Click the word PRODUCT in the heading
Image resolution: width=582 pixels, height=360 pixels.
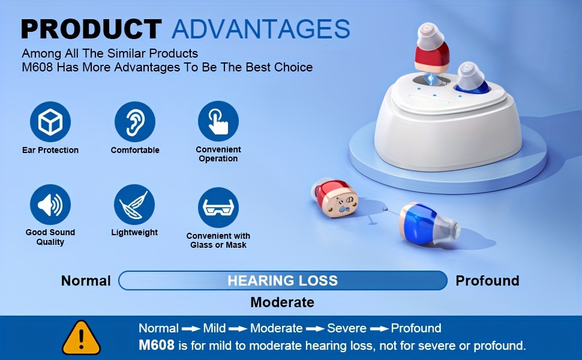(91, 29)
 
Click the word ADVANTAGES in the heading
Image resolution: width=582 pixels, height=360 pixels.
(261, 29)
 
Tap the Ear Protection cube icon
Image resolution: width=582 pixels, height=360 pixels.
(50, 122)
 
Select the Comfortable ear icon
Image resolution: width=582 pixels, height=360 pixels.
(135, 122)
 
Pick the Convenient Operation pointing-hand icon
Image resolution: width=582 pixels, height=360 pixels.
(218, 121)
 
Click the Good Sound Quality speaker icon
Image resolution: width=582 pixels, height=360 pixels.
(50, 205)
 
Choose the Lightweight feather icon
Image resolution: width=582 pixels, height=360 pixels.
(134, 205)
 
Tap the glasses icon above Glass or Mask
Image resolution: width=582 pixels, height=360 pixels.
(218, 208)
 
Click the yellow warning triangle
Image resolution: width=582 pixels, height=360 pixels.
(81, 338)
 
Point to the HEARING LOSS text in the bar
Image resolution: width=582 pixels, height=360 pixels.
(283, 281)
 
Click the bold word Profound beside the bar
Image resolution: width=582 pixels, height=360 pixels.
(487, 281)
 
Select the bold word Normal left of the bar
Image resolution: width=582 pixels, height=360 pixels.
(86, 281)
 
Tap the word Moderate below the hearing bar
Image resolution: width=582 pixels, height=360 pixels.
(283, 302)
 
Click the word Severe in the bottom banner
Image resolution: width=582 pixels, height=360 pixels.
(347, 328)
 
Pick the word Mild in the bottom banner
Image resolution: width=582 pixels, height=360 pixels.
(214, 328)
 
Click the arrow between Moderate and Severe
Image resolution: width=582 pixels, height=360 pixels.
(315, 329)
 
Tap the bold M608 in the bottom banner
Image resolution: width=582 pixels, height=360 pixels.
(157, 345)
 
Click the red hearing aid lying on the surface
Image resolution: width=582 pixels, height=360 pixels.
(335, 199)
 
